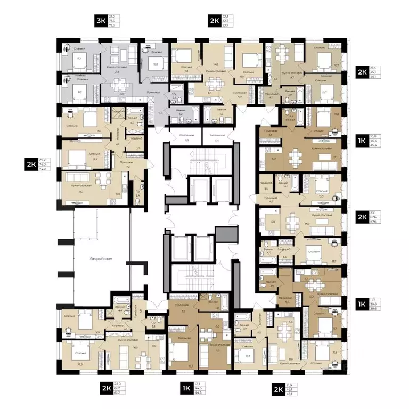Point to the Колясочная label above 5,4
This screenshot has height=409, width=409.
coord(216,135)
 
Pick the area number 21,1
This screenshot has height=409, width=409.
coord(334,157)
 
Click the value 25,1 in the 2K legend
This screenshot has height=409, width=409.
coord(379,213)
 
